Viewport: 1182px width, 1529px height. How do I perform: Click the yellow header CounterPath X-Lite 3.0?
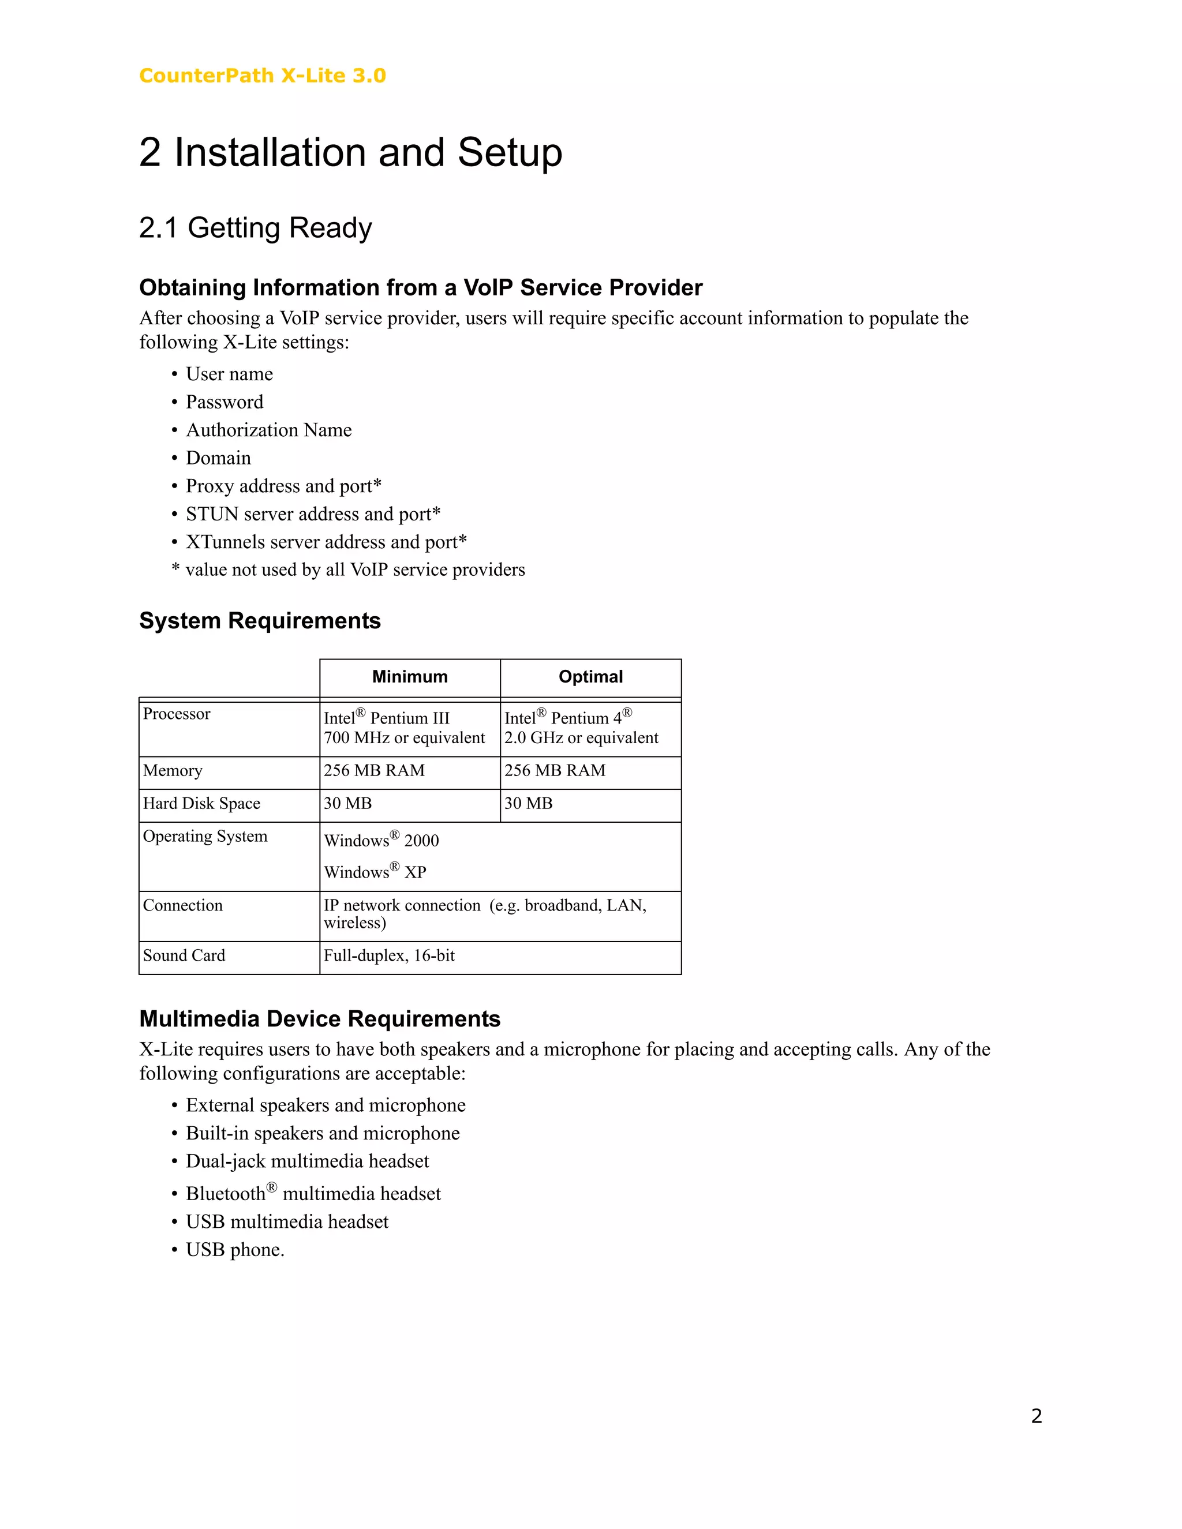click(262, 76)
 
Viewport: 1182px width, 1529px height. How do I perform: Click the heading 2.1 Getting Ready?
click(255, 228)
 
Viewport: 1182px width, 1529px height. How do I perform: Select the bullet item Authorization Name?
click(268, 430)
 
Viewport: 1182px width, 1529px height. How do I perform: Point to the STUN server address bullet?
click(312, 514)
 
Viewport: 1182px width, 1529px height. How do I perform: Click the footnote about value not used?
click(348, 570)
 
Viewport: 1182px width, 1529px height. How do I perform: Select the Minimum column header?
click(410, 677)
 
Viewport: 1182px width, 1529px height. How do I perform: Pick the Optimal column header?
click(590, 677)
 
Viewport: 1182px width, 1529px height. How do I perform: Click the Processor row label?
click(177, 714)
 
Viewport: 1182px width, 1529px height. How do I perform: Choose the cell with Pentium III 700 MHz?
click(404, 728)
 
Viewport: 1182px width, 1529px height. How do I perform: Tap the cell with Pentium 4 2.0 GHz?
click(581, 728)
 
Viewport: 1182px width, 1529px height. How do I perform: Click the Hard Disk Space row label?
click(201, 804)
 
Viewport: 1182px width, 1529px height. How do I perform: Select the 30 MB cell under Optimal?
click(529, 804)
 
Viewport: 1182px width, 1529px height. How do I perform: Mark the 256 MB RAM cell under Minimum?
click(374, 771)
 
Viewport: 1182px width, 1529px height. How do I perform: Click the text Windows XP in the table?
click(375, 872)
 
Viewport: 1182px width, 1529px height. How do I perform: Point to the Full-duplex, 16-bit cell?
click(390, 955)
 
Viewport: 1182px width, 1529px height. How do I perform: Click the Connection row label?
click(183, 906)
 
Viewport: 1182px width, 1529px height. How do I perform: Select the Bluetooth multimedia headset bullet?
click(313, 1194)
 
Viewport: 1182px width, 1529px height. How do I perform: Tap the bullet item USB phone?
click(234, 1250)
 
